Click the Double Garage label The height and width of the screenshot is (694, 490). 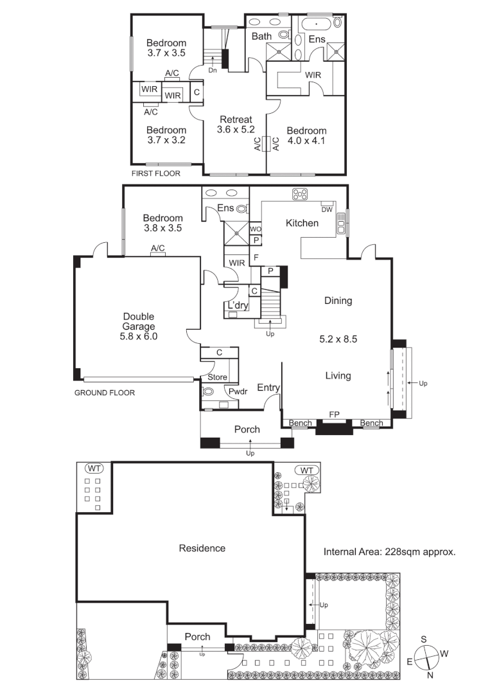(139, 321)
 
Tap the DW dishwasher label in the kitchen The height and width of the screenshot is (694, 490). (326, 210)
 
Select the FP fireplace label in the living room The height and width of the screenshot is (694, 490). (334, 415)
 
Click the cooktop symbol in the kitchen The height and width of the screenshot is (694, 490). (300, 193)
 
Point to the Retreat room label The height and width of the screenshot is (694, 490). (236, 120)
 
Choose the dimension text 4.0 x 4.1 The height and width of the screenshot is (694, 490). (306, 141)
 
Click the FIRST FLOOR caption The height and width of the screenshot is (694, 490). (155, 173)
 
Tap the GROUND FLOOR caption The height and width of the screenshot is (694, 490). (105, 393)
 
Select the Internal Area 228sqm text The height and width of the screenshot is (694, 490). (389, 551)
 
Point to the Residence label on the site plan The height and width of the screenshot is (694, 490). (202, 548)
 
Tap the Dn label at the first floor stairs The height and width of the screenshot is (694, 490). (212, 70)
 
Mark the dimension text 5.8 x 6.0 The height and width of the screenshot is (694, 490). (139, 335)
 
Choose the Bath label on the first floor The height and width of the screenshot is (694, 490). (261, 37)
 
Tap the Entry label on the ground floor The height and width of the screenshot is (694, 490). (268, 387)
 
